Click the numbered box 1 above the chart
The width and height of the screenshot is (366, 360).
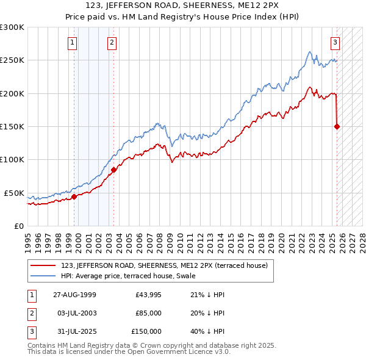73,43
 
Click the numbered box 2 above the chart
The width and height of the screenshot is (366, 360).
112,43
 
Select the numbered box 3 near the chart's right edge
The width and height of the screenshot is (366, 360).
335,43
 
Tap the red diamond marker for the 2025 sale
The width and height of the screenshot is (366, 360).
337,126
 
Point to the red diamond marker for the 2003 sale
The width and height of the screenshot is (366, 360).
113,170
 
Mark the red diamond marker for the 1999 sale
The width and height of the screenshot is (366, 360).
74,196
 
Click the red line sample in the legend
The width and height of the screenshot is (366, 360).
43,265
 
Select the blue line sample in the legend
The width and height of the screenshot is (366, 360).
43,276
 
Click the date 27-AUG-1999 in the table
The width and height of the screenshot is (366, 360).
74,295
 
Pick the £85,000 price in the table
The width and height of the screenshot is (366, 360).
147,313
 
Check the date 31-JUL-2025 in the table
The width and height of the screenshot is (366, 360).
74,331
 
